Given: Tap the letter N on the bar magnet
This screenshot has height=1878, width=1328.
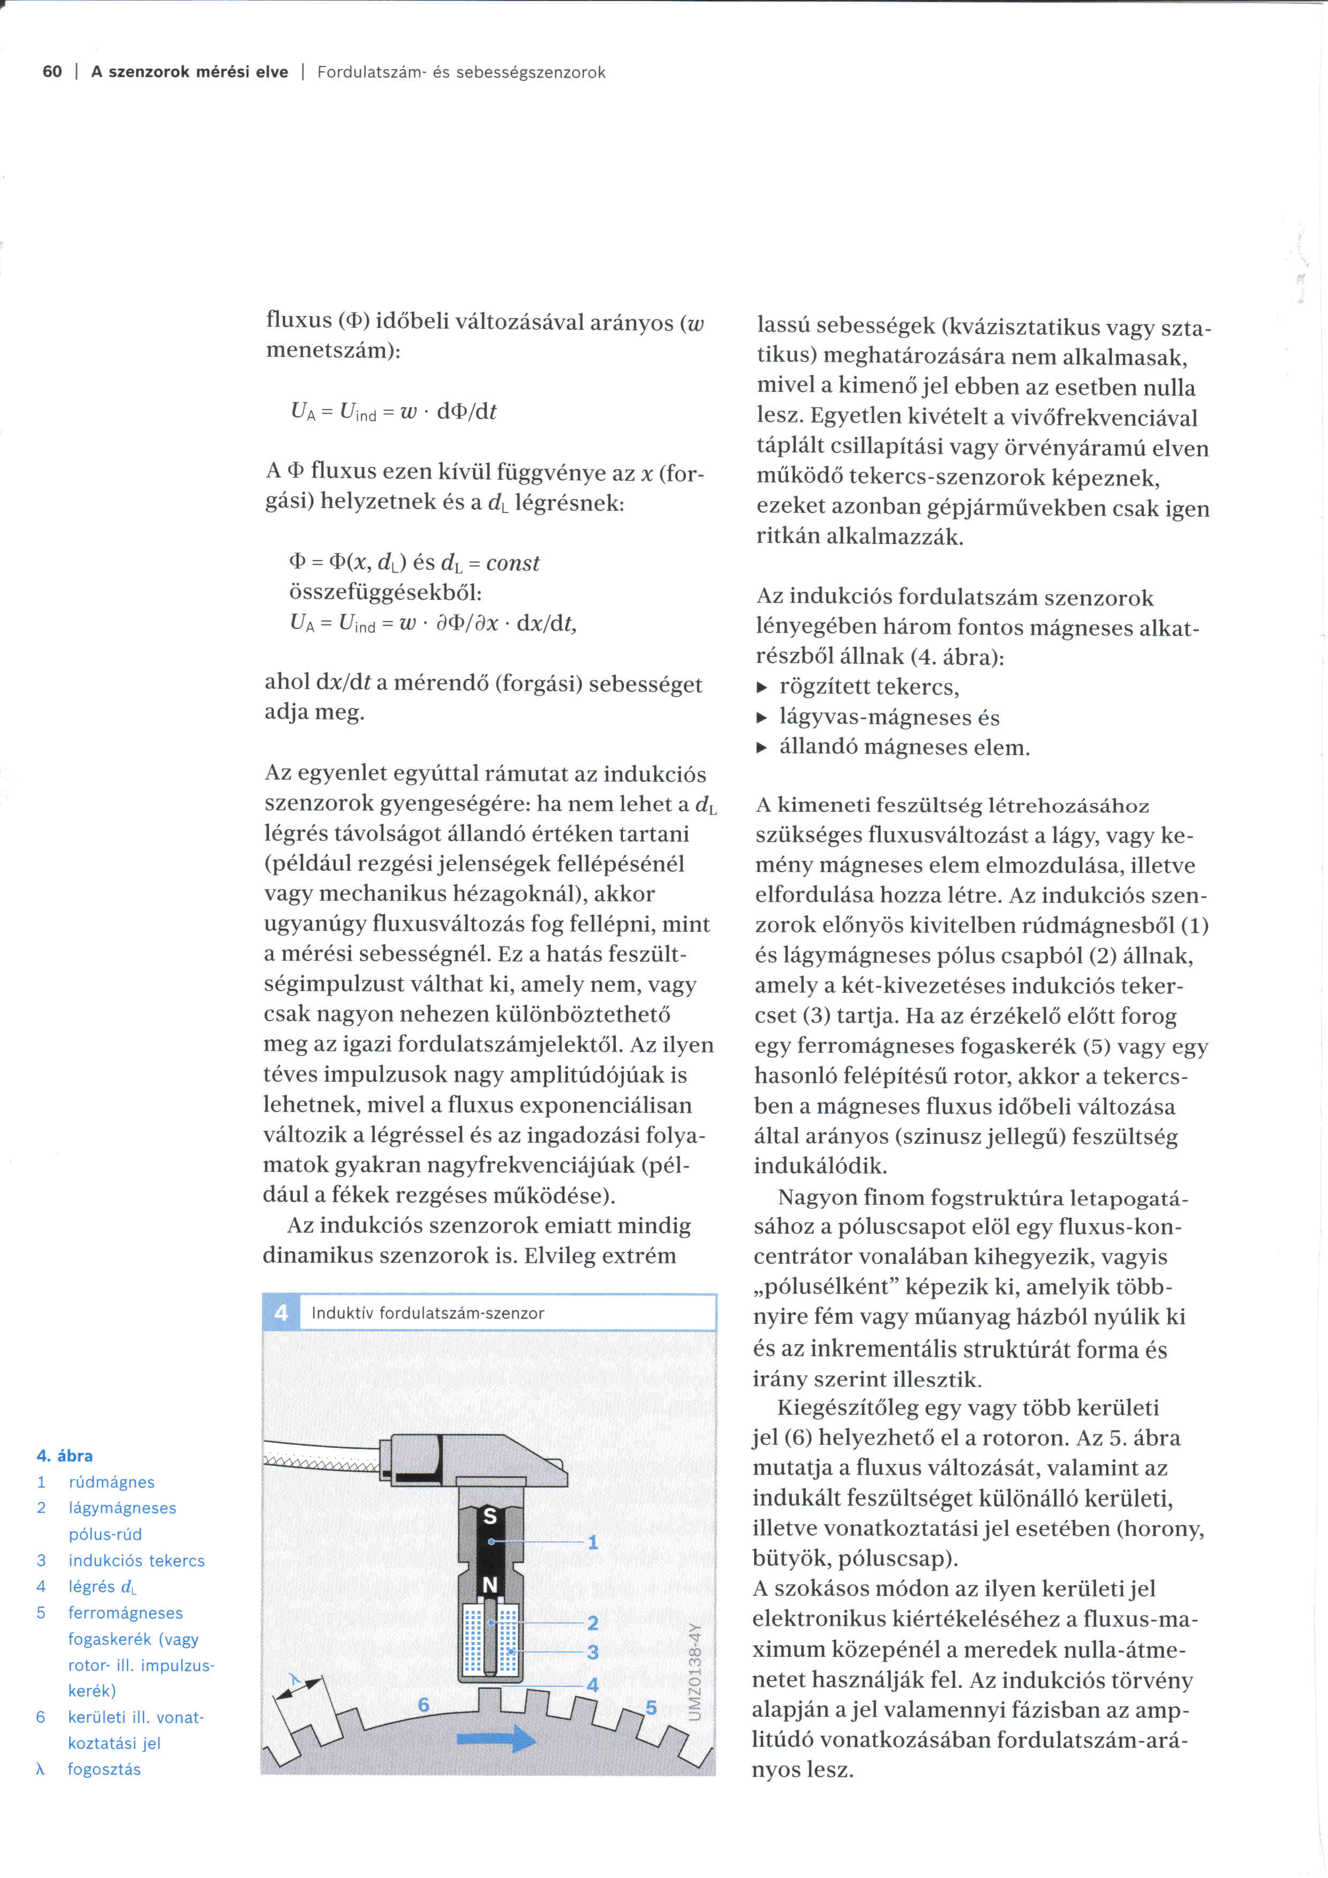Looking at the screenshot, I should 490,1585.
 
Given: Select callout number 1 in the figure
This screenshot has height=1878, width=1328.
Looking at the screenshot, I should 593,1543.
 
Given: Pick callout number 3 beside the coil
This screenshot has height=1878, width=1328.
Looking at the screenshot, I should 593,1652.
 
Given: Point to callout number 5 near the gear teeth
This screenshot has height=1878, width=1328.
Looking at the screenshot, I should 651,1707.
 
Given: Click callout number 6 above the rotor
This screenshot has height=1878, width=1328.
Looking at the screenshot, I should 424,1704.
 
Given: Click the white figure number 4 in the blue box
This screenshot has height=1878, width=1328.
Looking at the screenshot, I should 281,1313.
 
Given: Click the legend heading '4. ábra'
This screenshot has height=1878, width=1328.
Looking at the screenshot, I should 65,1456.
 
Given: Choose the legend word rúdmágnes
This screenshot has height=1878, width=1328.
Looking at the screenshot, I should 111,1482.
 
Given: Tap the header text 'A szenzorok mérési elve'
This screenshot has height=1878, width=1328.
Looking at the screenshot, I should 190,72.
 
